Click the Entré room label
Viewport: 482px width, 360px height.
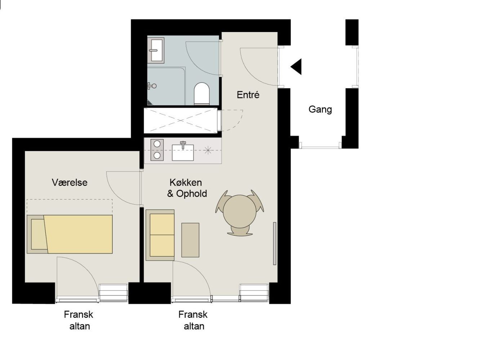(x=248, y=95)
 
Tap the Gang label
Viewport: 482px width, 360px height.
(x=320, y=110)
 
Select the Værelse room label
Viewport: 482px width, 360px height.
(x=70, y=183)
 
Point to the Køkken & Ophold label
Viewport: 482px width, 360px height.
(x=187, y=188)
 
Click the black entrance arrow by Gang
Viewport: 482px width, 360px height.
(x=296, y=67)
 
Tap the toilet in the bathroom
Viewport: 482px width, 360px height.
(x=202, y=93)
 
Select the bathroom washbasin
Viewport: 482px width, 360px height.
(x=156, y=50)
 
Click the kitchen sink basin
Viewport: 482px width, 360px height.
(x=183, y=152)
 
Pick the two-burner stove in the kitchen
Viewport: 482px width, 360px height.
(x=157, y=150)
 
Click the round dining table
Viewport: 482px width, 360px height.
(x=240, y=211)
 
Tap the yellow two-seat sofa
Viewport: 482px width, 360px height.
(x=160, y=235)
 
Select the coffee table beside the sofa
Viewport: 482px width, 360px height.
(x=190, y=240)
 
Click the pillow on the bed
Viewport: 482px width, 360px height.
(x=39, y=234)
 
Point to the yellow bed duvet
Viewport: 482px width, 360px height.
(x=78, y=234)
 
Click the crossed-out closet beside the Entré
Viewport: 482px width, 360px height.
(x=181, y=120)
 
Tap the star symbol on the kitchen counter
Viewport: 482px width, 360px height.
(x=208, y=150)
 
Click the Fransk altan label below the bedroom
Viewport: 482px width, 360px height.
(x=79, y=320)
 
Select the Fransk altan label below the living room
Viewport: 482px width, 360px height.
(x=193, y=320)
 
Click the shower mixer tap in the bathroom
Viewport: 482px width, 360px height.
(x=152, y=86)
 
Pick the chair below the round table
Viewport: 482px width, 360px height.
(x=240, y=231)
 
